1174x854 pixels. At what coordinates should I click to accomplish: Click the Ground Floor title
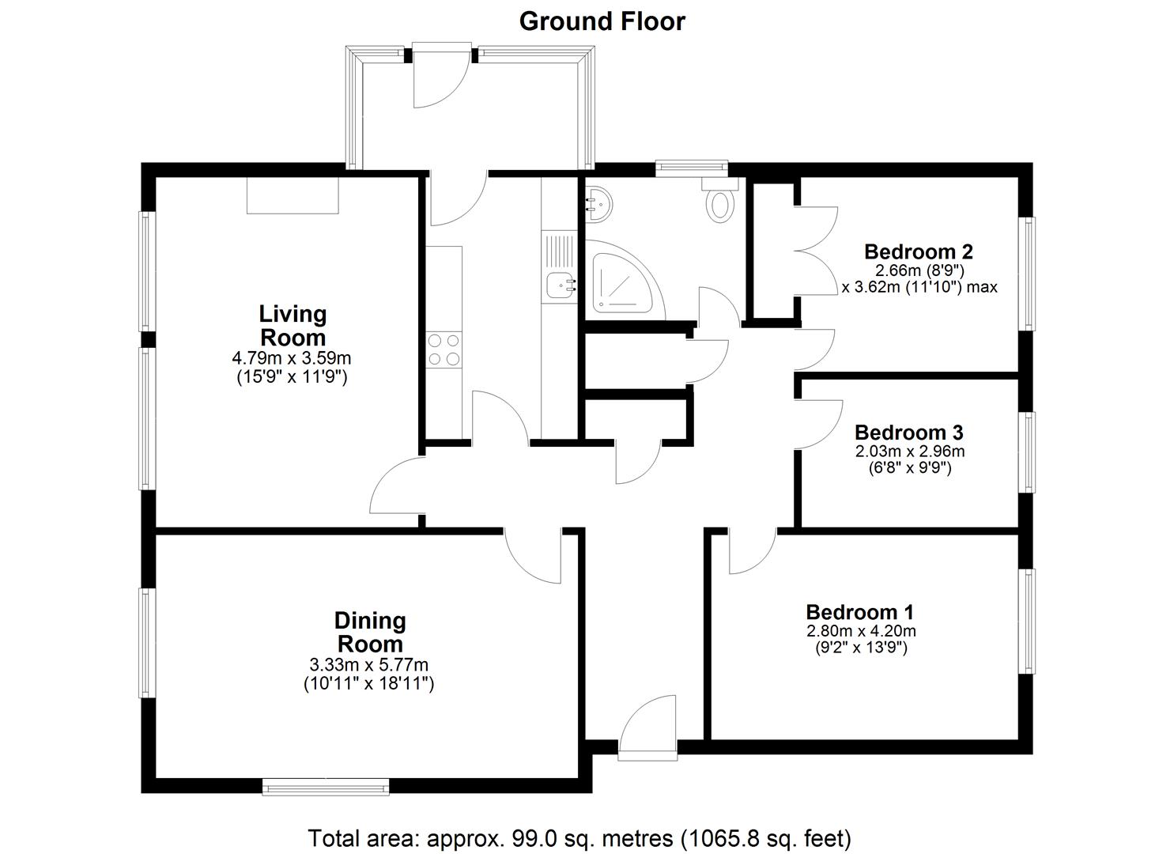coord(602,21)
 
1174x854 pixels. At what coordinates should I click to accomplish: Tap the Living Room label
coord(293,325)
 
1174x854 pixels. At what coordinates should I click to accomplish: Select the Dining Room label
coord(369,632)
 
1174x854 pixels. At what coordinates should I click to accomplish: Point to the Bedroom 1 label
coord(859,612)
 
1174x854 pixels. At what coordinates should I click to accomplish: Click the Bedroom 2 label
coord(918,251)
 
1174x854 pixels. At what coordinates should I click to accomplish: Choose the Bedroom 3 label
coord(908,433)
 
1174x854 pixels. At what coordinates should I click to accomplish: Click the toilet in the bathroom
coord(720,201)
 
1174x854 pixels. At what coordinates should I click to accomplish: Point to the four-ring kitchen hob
coord(444,350)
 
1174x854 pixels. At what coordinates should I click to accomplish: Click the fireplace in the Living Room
coord(293,195)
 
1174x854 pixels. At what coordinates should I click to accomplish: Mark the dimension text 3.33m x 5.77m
coord(369,665)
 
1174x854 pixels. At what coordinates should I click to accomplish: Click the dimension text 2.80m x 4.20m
coord(860,631)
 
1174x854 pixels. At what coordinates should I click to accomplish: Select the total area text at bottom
coord(579,837)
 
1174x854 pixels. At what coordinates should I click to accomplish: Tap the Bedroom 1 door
coord(752,551)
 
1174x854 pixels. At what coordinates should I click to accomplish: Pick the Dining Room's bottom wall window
coord(326,786)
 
